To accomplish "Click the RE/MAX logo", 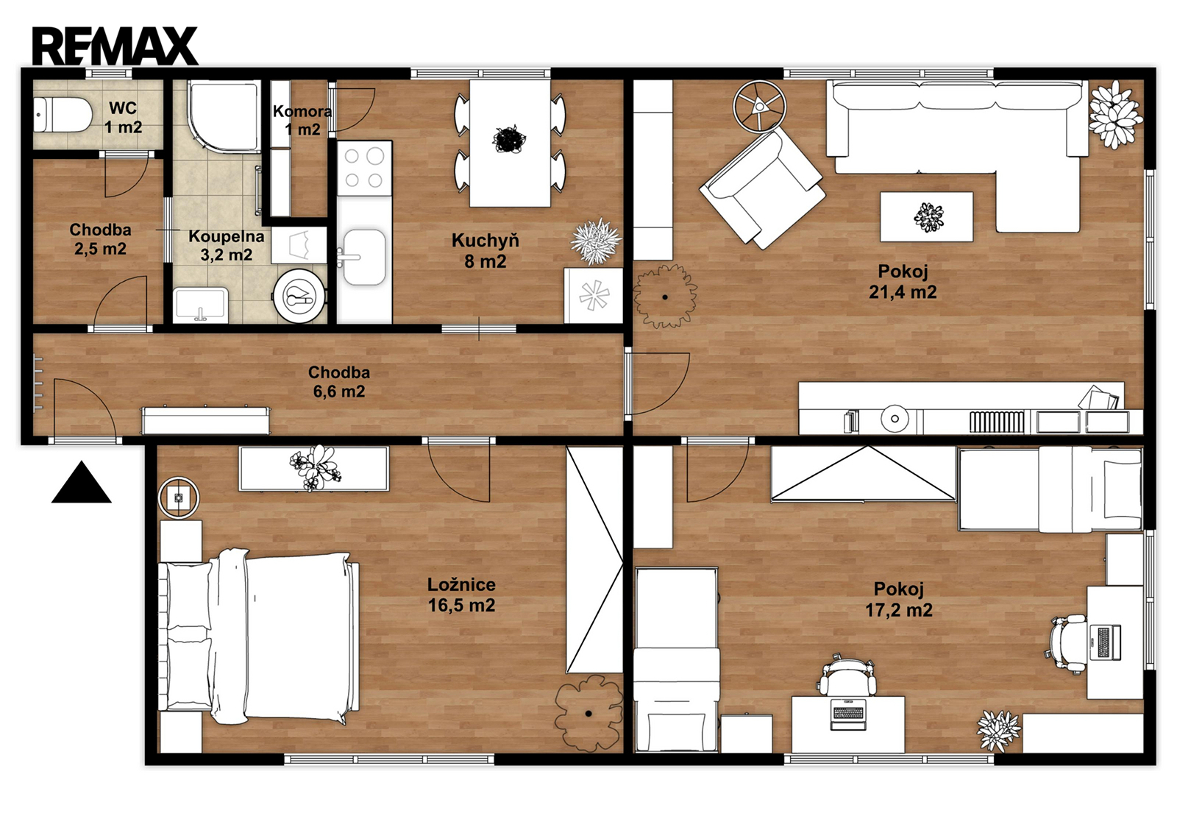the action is pyautogui.click(x=115, y=46).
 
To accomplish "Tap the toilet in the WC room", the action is pyautogui.click(x=63, y=115).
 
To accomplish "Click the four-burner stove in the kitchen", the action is pyautogui.click(x=364, y=169).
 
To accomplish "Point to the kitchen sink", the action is pyautogui.click(x=363, y=258).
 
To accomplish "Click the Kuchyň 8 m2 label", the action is pyautogui.click(x=485, y=251).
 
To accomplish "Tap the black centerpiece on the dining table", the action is pyautogui.click(x=509, y=139).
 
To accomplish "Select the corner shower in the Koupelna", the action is pyautogui.click(x=224, y=116).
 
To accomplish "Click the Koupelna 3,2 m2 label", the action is pyautogui.click(x=227, y=246).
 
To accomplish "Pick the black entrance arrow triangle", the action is pyautogui.click(x=82, y=483).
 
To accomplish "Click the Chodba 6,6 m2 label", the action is pyautogui.click(x=339, y=382).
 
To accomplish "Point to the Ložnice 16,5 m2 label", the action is pyautogui.click(x=461, y=595).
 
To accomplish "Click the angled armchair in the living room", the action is pyautogui.click(x=761, y=188).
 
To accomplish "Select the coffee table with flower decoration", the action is pyautogui.click(x=926, y=216).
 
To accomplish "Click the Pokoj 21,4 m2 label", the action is pyautogui.click(x=902, y=281).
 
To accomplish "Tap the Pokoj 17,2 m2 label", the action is pyautogui.click(x=898, y=599).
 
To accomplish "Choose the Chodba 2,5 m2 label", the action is pyautogui.click(x=100, y=239).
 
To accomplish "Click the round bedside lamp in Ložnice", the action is pyautogui.click(x=179, y=497).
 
